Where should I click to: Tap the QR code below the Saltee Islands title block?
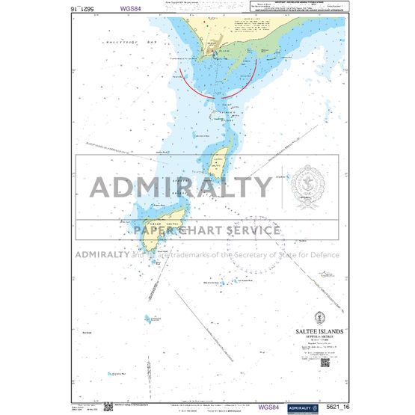[325, 363]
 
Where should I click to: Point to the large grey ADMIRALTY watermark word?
[182, 186]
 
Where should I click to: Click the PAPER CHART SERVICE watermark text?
[208, 230]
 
